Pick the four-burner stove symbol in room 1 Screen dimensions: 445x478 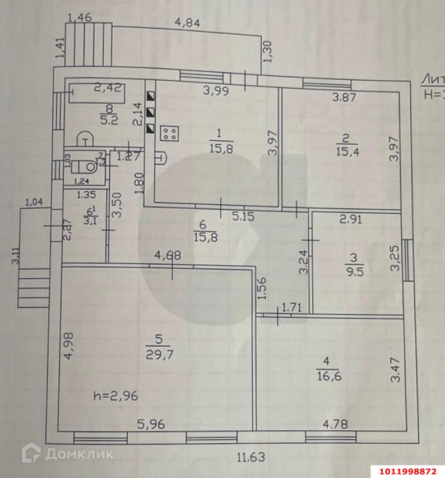(170, 133)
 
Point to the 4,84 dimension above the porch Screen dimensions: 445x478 (187, 24)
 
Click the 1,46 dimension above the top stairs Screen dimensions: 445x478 (79, 17)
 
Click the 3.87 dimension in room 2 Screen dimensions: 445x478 (344, 96)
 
